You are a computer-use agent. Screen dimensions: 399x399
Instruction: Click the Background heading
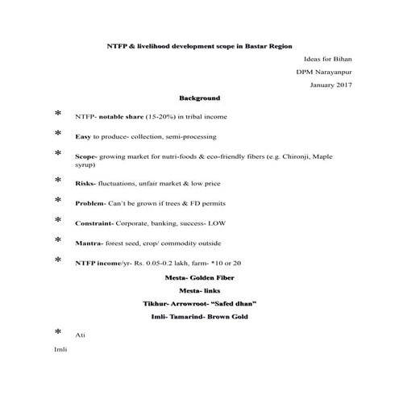pos(199,98)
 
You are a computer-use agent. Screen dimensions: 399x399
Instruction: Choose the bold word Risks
pos(85,184)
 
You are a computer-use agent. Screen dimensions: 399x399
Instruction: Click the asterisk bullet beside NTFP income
pos(57,260)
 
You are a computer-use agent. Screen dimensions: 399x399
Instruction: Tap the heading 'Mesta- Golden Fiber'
pos(200,276)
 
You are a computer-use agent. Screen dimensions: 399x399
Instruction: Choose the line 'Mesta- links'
pos(200,289)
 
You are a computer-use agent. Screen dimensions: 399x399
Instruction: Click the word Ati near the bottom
pos(79,335)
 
